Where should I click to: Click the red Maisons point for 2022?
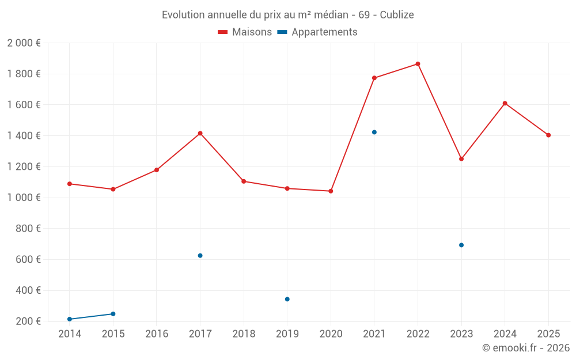418,64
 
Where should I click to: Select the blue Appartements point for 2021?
374,132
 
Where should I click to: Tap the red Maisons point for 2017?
200,134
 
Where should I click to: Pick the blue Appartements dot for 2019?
287,299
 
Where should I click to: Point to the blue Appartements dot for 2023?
461,245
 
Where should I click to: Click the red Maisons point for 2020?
331,191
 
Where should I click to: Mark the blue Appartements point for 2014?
70,319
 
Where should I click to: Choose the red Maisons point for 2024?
505,104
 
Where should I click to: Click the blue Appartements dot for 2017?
200,256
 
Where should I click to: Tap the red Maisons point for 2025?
548,135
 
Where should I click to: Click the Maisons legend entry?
245,32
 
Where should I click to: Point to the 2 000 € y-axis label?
24,43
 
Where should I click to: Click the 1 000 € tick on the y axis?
24,198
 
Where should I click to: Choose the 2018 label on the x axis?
244,334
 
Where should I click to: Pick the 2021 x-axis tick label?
374,334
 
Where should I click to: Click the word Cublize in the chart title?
397,15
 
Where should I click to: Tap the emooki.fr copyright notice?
526,348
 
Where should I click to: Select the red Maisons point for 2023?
461,159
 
